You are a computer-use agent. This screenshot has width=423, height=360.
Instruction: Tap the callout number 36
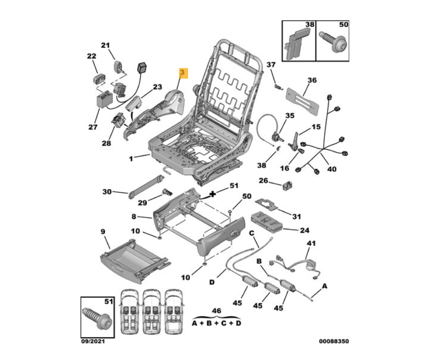click(312, 80)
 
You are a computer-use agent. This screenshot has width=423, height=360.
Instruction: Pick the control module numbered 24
click(267, 222)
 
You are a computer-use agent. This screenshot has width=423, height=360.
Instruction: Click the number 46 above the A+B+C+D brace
click(216, 311)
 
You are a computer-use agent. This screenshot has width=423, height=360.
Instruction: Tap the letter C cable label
click(251, 233)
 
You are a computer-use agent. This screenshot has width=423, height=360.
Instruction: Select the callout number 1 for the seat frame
click(131, 159)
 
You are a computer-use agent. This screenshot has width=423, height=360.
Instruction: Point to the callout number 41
click(311, 243)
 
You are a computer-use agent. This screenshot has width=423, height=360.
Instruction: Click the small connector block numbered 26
click(287, 186)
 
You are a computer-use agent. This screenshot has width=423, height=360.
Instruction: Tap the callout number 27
click(93, 127)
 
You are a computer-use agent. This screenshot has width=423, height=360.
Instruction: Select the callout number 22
click(92, 56)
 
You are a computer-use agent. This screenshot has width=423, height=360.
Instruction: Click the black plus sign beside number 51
click(213, 194)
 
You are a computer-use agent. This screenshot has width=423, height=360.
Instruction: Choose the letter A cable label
click(325, 286)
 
